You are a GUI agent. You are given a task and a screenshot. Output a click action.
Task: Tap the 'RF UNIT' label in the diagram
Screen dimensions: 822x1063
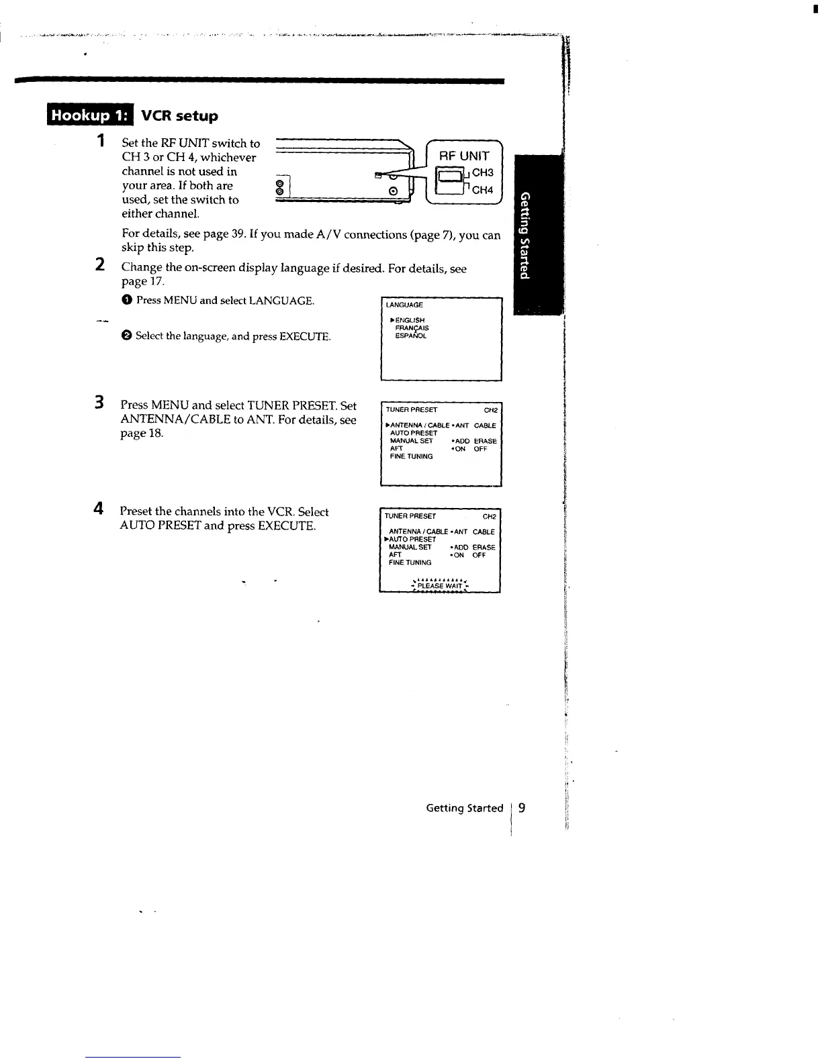tap(464, 156)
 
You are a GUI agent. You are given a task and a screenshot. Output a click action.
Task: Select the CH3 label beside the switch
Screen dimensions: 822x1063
tap(483, 172)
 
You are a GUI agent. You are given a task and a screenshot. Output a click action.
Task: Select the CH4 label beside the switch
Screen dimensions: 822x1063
tap(483, 190)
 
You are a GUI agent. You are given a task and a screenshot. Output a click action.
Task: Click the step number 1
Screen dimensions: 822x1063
tap(100, 141)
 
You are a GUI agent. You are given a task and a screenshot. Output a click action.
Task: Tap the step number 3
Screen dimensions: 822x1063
tap(99, 403)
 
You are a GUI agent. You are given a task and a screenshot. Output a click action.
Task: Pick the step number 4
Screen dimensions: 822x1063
tap(99, 509)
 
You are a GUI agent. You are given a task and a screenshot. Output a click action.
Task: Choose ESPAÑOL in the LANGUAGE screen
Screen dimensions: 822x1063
tap(411, 336)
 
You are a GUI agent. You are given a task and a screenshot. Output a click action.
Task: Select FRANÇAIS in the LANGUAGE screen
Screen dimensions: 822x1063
tap(412, 328)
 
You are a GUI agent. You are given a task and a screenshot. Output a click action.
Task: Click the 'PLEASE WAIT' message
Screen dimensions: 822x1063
tap(440, 586)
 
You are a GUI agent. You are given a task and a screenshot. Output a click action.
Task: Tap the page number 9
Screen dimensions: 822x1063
tap(522, 808)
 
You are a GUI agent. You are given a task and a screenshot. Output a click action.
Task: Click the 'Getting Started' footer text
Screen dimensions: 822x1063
tap(464, 809)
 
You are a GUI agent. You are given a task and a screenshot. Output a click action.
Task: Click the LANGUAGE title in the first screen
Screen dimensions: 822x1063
tap(404, 305)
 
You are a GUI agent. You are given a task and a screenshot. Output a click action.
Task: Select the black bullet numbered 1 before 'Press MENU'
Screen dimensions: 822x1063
tap(126, 301)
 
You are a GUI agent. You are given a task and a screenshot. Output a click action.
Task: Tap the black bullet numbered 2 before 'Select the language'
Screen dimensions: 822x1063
tap(126, 336)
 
